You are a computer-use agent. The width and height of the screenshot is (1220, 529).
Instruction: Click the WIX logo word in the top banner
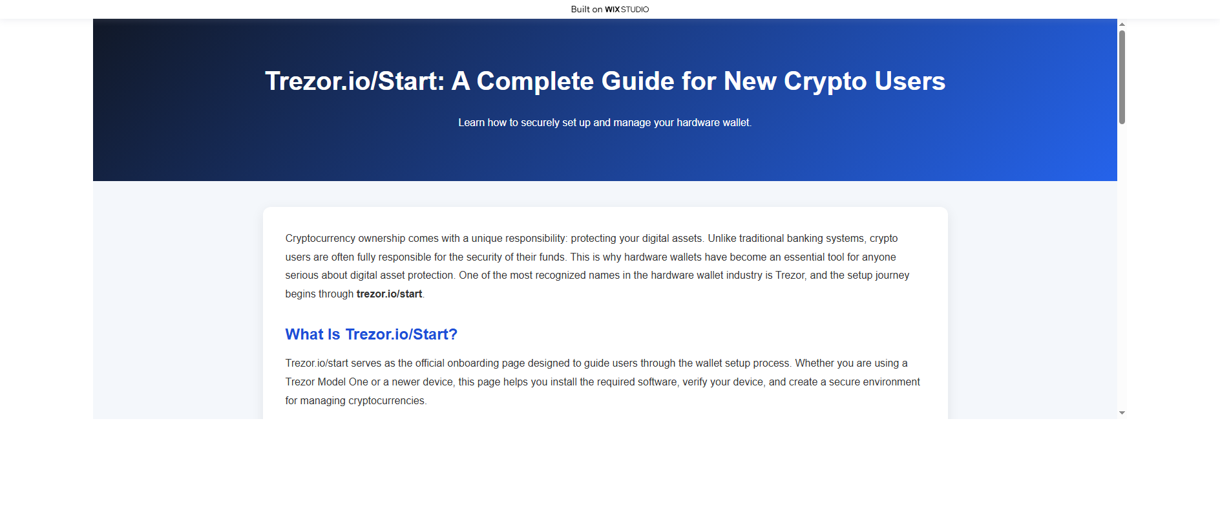click(612, 10)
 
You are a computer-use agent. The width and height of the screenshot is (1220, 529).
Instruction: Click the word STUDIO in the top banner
click(635, 10)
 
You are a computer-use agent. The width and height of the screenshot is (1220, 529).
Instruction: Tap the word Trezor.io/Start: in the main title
click(355, 81)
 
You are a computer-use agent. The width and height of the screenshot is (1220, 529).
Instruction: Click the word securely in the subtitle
click(540, 123)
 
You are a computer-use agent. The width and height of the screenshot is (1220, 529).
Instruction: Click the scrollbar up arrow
click(1122, 24)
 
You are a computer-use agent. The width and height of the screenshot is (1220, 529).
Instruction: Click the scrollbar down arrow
click(1122, 413)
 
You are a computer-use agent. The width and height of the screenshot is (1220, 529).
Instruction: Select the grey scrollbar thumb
click(1122, 77)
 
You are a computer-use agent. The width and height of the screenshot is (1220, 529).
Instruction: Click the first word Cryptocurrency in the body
click(321, 239)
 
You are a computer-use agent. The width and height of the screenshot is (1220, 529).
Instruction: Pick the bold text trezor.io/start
click(389, 294)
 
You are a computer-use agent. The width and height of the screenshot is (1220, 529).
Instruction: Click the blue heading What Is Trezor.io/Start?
click(372, 334)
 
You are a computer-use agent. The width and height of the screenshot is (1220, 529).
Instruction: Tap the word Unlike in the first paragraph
click(722, 239)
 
